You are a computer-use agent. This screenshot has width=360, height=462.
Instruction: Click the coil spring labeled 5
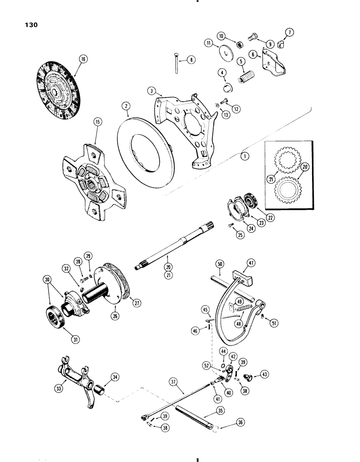click(x=245, y=77)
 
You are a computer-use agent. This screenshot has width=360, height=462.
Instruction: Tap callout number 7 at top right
click(x=289, y=32)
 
